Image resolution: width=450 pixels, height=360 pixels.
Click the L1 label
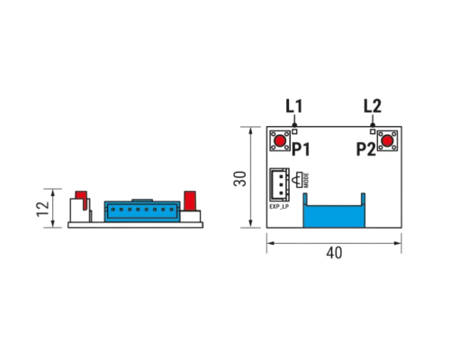click(x=294, y=106)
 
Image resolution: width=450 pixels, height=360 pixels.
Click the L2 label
click(x=373, y=106)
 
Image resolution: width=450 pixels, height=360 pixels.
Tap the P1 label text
click(x=301, y=149)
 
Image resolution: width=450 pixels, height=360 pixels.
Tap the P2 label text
click(x=366, y=149)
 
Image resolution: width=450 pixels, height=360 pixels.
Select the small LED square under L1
click(x=294, y=131)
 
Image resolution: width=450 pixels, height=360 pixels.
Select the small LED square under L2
click(x=373, y=131)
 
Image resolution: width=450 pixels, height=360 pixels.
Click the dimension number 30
click(x=240, y=179)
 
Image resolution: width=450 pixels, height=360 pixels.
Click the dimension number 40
click(x=334, y=253)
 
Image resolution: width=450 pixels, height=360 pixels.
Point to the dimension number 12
click(x=42, y=209)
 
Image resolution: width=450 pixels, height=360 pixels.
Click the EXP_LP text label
click(x=279, y=207)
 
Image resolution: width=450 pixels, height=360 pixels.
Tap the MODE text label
click(x=306, y=180)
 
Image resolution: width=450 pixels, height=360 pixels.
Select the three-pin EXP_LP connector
click(x=279, y=184)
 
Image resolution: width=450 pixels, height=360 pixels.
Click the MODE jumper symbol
click(x=300, y=180)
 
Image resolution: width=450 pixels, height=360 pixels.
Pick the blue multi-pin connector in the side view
click(x=142, y=211)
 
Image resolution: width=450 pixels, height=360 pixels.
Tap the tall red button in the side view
click(x=190, y=201)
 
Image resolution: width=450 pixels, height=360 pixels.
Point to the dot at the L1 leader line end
click(x=294, y=125)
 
